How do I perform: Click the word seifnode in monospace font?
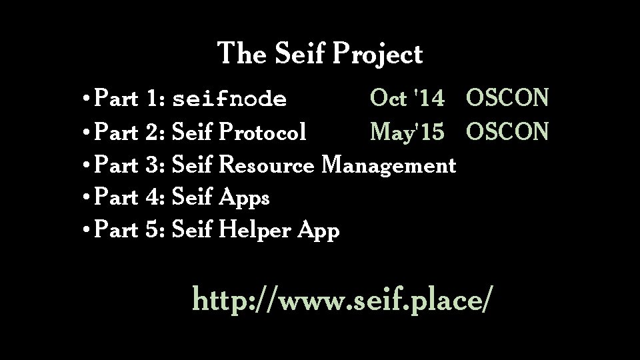pos(229,100)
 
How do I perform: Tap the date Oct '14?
pos(407,99)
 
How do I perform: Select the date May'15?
pos(407,132)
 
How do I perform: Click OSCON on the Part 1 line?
pos(508,99)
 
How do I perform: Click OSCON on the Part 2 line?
pos(508,132)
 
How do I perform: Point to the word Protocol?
pos(263,132)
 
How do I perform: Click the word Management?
pos(389,165)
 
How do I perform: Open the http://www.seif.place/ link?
pos(343,299)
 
